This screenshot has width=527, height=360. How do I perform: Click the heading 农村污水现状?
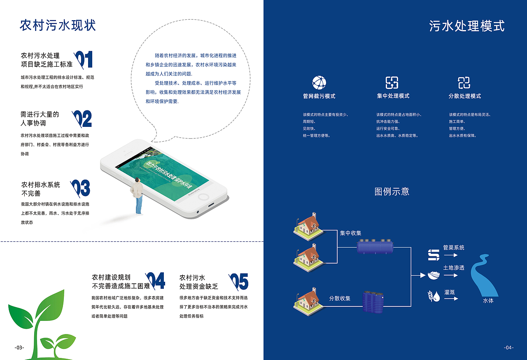(x=58, y=25)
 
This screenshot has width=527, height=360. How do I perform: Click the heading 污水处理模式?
(x=466, y=26)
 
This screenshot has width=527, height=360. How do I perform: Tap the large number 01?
(x=84, y=60)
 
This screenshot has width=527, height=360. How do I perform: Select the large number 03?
(x=81, y=188)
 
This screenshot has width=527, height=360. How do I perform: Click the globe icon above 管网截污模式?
(x=319, y=82)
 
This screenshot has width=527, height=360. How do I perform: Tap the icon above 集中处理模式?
(x=392, y=82)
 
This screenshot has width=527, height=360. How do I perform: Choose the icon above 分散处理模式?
(x=464, y=82)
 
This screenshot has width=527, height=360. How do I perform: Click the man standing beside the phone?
(x=138, y=196)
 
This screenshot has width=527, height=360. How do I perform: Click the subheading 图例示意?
(x=392, y=192)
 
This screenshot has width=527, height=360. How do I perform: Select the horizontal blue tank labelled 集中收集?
(x=375, y=247)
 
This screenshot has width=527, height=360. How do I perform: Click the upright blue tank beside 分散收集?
(x=373, y=302)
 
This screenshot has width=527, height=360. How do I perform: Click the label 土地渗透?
(x=454, y=268)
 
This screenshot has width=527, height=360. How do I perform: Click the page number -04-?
(x=509, y=348)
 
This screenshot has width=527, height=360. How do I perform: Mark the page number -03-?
(x=19, y=348)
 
